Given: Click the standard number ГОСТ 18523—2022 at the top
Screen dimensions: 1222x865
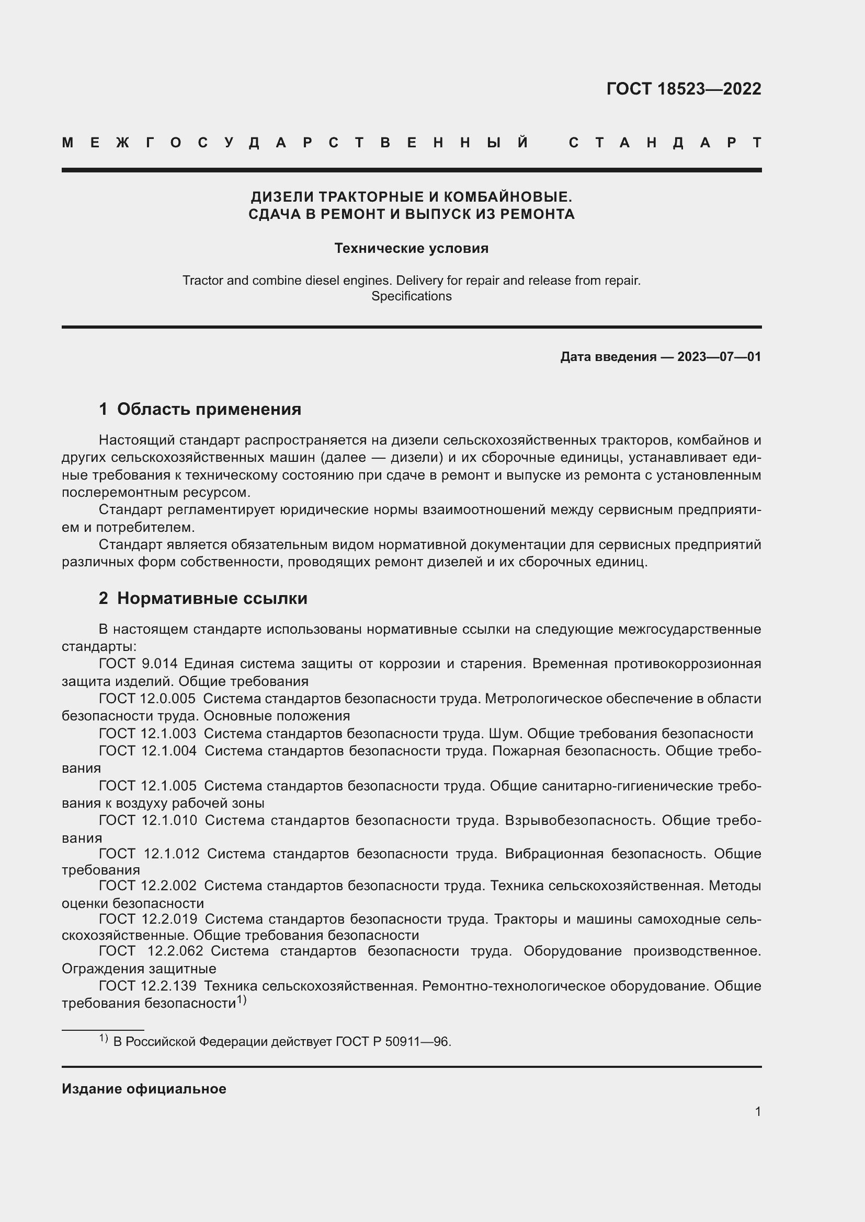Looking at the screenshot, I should click(x=684, y=89).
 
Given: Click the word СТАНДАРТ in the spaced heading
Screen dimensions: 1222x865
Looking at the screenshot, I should click(x=665, y=143).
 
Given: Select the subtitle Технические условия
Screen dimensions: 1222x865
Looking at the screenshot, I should click(x=411, y=249).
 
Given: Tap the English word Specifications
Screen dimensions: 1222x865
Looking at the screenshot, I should click(x=411, y=296).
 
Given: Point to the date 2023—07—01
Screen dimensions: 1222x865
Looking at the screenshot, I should click(x=719, y=357).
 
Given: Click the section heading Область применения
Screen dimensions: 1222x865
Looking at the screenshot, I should click(x=209, y=409).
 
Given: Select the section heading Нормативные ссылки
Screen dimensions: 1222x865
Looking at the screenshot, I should click(x=212, y=598).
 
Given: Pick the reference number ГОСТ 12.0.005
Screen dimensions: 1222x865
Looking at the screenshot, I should click(x=147, y=699).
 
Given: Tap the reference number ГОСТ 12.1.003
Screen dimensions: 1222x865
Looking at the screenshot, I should click(x=147, y=734).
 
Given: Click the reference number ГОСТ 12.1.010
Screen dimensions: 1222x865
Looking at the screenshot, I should click(x=147, y=820).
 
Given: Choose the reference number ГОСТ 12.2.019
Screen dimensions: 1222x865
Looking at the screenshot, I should click(x=147, y=918).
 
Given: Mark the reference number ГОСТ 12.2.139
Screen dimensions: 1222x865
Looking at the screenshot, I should click(x=147, y=986).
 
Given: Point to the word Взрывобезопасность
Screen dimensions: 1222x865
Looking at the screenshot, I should click(x=579, y=820).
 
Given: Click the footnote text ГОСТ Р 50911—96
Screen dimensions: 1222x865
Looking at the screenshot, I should click(x=393, y=1042).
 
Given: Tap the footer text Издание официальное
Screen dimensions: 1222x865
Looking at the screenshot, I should click(x=144, y=1089).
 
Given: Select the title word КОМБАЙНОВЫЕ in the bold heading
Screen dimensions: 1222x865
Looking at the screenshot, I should click(x=508, y=197).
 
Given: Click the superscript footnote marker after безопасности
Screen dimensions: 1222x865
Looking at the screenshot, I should click(x=241, y=1000).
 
